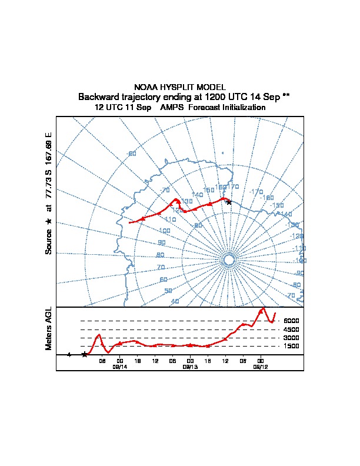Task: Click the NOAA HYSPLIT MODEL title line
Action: [180, 87]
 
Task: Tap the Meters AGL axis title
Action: [49, 328]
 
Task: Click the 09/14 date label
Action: [119, 367]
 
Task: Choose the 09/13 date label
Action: [189, 367]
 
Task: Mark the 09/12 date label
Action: [260, 367]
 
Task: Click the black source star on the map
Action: [229, 202]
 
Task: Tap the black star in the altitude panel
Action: [84, 354]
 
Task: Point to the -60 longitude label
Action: [132, 154]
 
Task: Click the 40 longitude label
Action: [175, 301]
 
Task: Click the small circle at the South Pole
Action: [229, 260]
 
